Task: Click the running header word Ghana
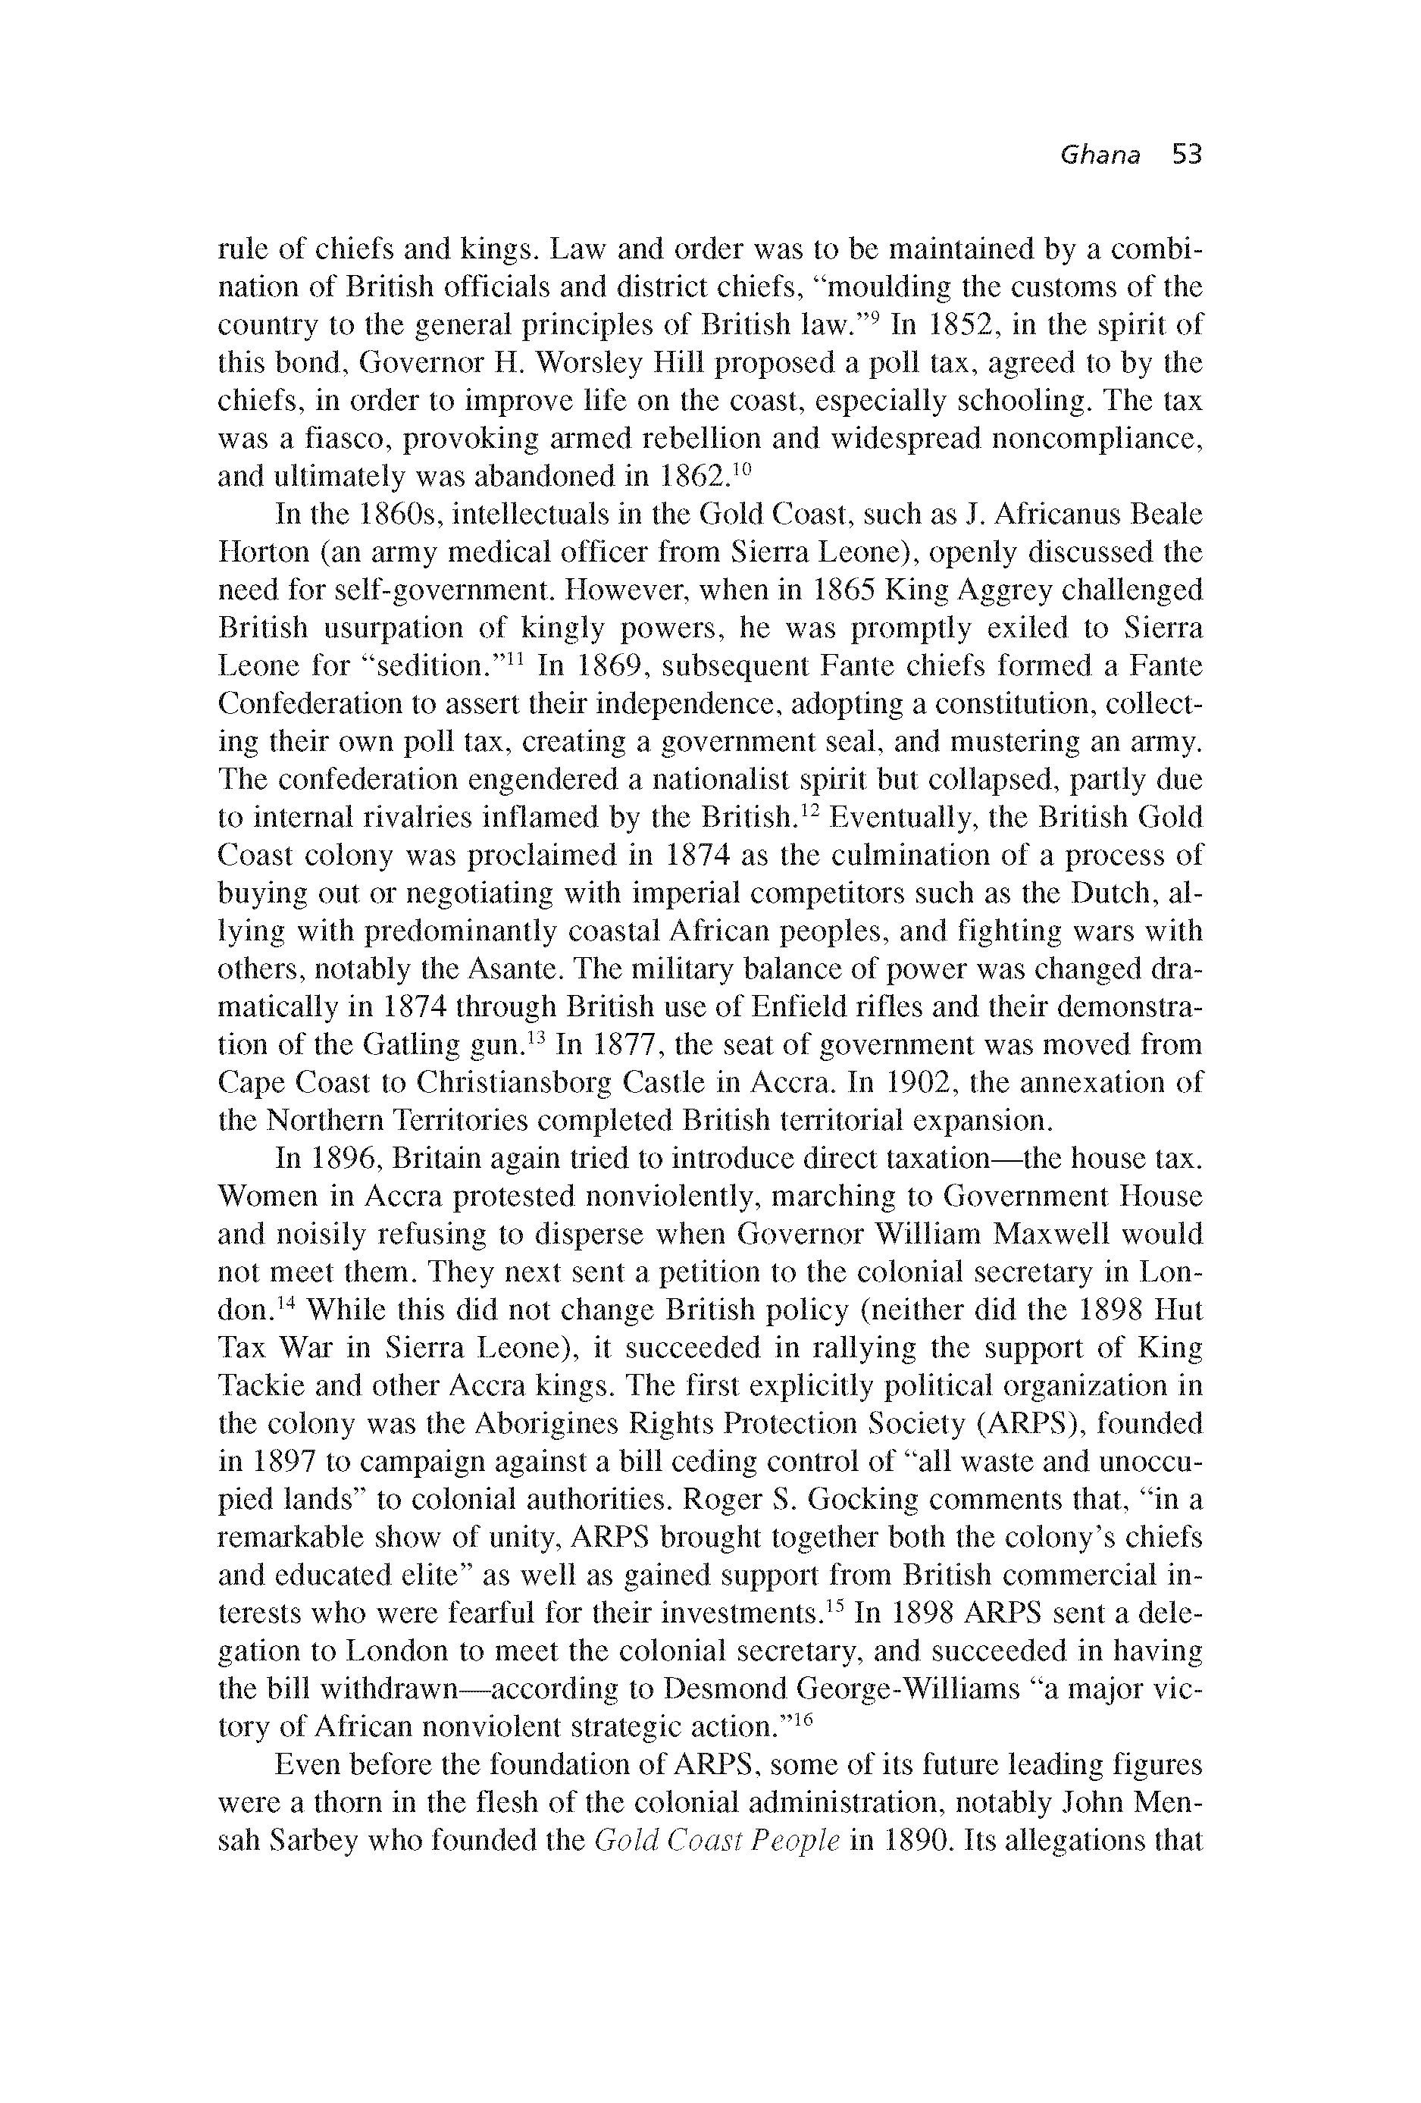click(1099, 155)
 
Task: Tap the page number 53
click(1185, 155)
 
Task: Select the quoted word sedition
click(439, 667)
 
